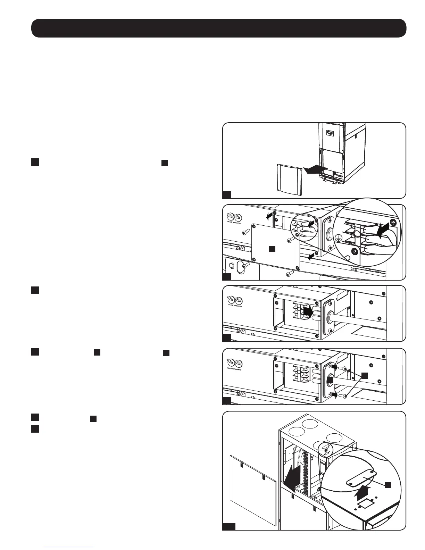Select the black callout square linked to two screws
[x=364, y=375]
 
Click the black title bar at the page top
[x=219, y=28]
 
